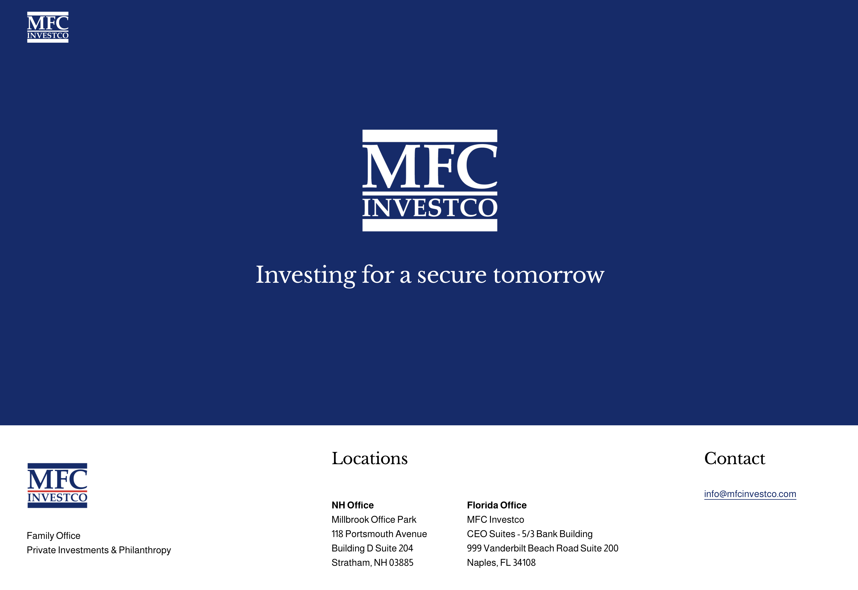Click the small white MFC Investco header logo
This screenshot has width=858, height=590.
click(x=48, y=27)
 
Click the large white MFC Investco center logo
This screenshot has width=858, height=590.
click(x=430, y=181)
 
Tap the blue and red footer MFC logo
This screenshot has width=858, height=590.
click(x=57, y=485)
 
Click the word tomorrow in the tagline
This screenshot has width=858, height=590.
click(x=549, y=275)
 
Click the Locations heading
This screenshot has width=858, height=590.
click(x=369, y=458)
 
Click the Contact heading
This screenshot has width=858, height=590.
click(x=734, y=458)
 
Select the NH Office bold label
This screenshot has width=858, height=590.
click(x=352, y=505)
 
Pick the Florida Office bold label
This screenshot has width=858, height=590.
click(x=497, y=505)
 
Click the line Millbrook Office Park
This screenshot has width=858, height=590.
click(x=374, y=519)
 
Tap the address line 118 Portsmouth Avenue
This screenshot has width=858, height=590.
click(x=379, y=534)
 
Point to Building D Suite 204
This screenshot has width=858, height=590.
click(x=372, y=548)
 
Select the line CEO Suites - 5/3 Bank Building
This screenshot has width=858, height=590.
click(x=529, y=534)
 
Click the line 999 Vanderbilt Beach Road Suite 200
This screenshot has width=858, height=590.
click(x=542, y=548)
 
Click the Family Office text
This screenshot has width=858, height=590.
click(x=54, y=536)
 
